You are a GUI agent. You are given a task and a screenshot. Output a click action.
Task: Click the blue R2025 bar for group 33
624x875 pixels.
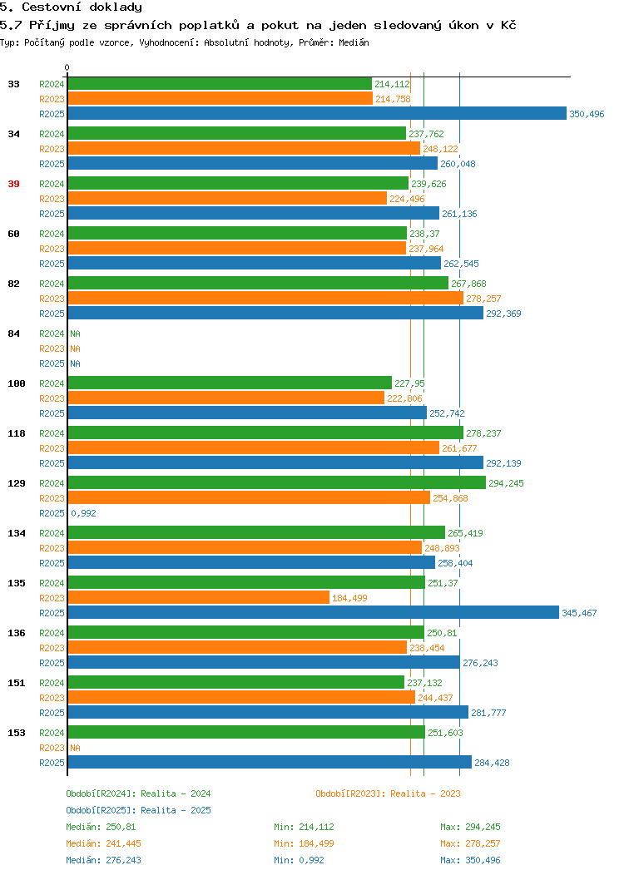pyautogui.click(x=317, y=113)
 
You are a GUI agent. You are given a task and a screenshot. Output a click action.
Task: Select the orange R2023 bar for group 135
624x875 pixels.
pyautogui.click(x=199, y=598)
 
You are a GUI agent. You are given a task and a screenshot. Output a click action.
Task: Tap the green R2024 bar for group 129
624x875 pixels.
pyautogui.click(x=277, y=482)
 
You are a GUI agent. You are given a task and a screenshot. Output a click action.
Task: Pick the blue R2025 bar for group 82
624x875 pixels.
pyautogui.click(x=275, y=313)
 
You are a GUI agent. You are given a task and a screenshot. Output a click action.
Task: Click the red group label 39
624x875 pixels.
pyautogui.click(x=13, y=184)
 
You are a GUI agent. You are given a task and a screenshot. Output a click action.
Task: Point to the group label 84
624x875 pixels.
pyautogui.click(x=13, y=334)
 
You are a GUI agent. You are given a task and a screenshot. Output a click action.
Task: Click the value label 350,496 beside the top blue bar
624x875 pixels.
pyautogui.click(x=587, y=114)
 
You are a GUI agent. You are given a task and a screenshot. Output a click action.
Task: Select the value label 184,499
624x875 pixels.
pyautogui.click(x=349, y=598)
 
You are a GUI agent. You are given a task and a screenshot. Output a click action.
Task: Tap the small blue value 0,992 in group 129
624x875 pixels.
pyautogui.click(x=83, y=513)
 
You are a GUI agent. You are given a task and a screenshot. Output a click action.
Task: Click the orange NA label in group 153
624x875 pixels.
pyautogui.click(x=76, y=748)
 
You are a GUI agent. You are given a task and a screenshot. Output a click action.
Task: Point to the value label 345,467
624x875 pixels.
pyautogui.click(x=579, y=613)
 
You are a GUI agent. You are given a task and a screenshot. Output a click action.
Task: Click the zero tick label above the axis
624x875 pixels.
pyautogui.click(x=67, y=67)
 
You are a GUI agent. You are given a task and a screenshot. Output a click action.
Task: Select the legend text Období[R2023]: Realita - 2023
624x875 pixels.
pyautogui.click(x=388, y=793)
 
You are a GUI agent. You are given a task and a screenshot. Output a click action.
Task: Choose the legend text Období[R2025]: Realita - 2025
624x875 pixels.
pyautogui.click(x=138, y=810)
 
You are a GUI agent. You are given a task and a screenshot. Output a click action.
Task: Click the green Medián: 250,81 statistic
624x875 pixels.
pyautogui.click(x=101, y=827)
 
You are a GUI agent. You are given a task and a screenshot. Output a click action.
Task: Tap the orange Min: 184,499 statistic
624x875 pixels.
pyautogui.click(x=304, y=843)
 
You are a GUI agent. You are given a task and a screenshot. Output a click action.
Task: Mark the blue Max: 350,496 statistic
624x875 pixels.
pyautogui.click(x=470, y=861)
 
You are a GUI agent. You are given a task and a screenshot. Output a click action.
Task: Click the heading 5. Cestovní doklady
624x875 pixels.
pyautogui.click(x=71, y=7)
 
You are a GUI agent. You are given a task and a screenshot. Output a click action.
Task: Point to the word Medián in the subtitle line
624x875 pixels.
pyautogui.click(x=354, y=42)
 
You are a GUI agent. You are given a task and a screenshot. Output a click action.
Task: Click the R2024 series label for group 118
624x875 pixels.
pyautogui.click(x=52, y=433)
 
